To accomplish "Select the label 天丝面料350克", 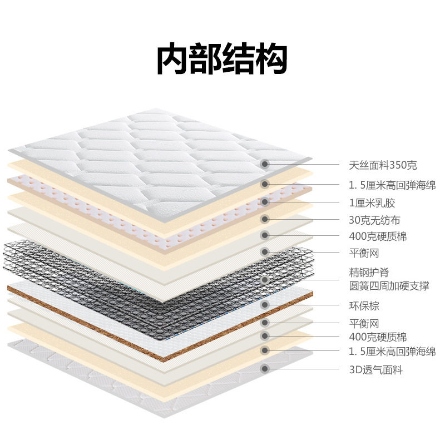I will click(x=383, y=165).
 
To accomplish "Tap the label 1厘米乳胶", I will click(x=372, y=203).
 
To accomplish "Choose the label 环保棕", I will click(x=364, y=305).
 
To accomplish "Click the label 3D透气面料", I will click(x=375, y=369).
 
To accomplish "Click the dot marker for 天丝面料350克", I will click(x=265, y=164).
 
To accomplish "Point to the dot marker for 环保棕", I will click(x=265, y=305).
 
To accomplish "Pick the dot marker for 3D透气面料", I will click(x=265, y=368).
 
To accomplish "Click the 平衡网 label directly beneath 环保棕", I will click(x=364, y=323).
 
